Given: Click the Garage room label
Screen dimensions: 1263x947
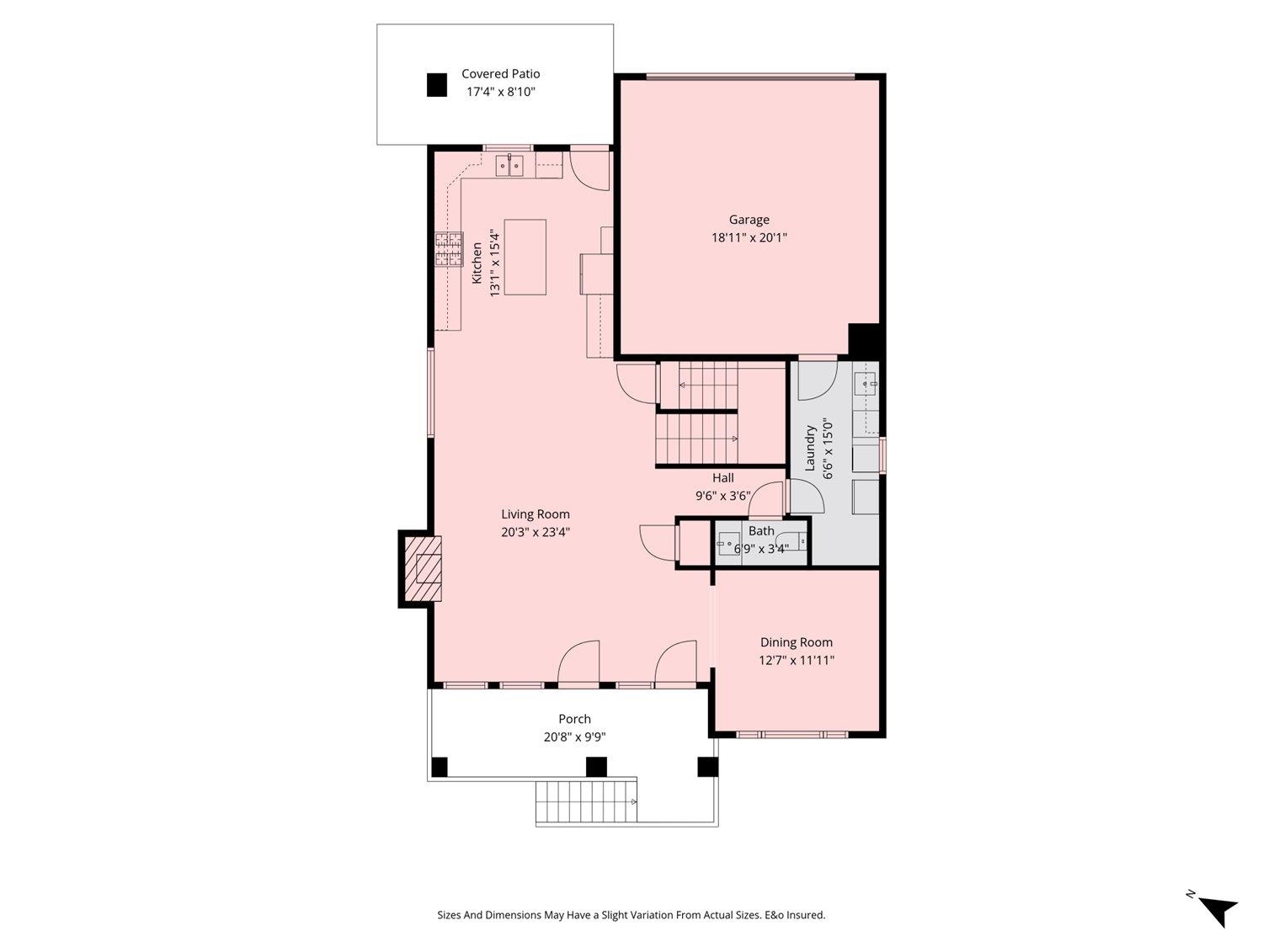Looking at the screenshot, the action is [x=749, y=220].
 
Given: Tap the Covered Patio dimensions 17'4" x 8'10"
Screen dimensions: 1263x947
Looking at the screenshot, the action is [x=501, y=92].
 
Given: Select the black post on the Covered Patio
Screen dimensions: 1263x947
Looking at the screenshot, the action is [x=437, y=85].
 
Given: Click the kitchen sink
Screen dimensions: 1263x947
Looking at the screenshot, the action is [x=509, y=166].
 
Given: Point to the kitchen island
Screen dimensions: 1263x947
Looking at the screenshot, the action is [x=525, y=257].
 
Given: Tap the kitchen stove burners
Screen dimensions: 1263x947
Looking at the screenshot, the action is [x=449, y=249].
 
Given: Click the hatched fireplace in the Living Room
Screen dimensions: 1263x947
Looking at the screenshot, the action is [x=424, y=569].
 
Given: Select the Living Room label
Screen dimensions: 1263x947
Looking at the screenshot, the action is [x=536, y=514].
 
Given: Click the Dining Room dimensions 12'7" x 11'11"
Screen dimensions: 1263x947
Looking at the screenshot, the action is [x=797, y=660].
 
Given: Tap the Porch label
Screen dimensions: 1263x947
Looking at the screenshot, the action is [x=574, y=720].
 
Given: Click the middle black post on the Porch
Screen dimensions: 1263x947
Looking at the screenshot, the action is [x=596, y=767].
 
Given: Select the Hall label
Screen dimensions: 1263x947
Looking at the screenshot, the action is [x=722, y=478].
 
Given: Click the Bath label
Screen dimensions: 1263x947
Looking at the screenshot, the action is [x=760, y=531].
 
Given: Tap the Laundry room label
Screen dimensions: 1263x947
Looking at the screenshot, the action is [x=810, y=448].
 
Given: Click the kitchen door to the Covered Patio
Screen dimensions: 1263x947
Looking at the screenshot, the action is [x=589, y=170].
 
